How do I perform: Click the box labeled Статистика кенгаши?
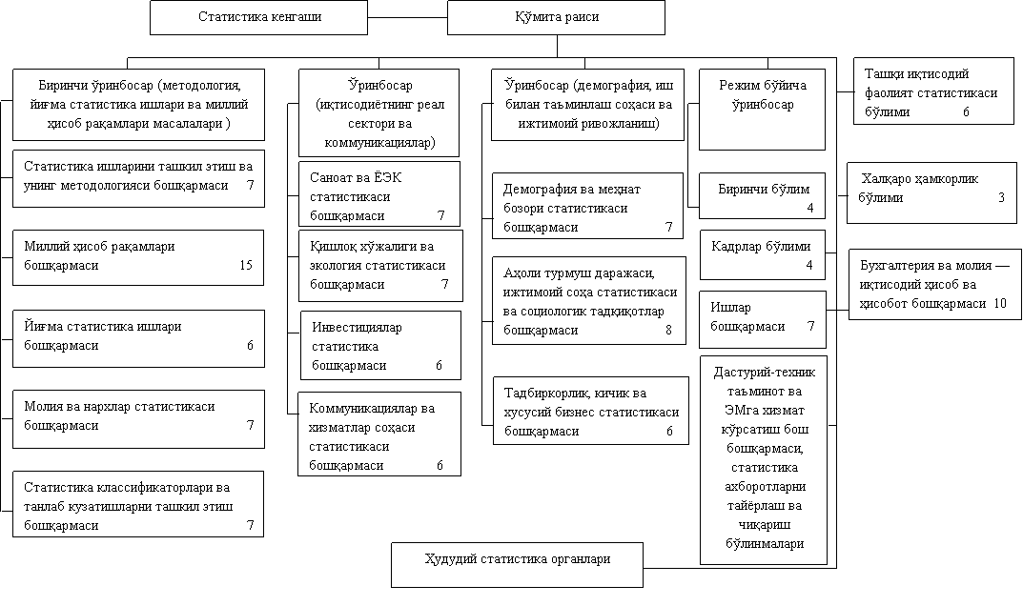(x=259, y=17)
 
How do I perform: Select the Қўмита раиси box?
(x=556, y=17)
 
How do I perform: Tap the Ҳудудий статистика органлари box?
(x=518, y=565)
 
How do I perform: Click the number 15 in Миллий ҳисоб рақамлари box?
(x=246, y=265)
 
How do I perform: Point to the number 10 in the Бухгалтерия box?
(x=1000, y=303)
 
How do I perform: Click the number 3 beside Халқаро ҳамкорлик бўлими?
(x=1001, y=197)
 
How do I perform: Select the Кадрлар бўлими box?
(x=762, y=255)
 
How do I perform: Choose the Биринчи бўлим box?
(x=762, y=195)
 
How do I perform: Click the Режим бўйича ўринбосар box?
(x=762, y=110)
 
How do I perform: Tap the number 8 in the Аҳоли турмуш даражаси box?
(x=668, y=330)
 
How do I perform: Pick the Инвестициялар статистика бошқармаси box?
(x=381, y=346)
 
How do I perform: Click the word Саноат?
(x=333, y=177)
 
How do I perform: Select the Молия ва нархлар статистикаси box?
(x=138, y=419)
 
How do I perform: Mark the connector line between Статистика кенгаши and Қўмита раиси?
(x=408, y=17)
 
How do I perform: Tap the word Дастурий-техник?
(x=765, y=373)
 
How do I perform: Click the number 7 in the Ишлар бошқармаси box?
(x=811, y=326)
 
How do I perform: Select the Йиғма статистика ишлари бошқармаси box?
(x=138, y=338)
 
